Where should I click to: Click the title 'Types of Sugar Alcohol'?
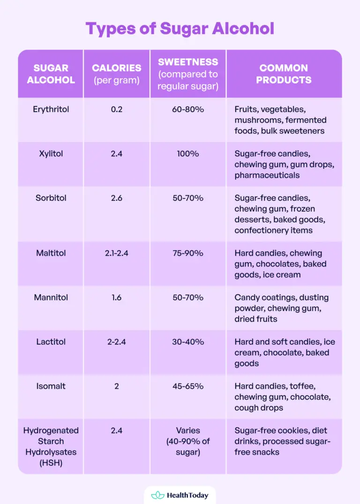pyautogui.click(x=180, y=29)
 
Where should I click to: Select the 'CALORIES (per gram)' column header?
pyautogui.click(x=116, y=74)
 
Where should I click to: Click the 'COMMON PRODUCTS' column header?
pyautogui.click(x=284, y=74)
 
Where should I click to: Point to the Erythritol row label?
pyautogui.click(x=51, y=109)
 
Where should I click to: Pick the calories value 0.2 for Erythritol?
pyautogui.click(x=116, y=109)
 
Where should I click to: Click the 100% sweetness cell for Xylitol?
pyautogui.click(x=188, y=154)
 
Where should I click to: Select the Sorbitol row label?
pyautogui.click(x=51, y=198)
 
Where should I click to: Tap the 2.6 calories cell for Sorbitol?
pyautogui.click(x=116, y=198)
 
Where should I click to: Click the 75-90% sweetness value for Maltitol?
pyautogui.click(x=188, y=253)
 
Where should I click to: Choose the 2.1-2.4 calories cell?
pyautogui.click(x=116, y=253)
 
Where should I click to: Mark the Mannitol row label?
pyautogui.click(x=51, y=297)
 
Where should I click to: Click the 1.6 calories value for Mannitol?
pyautogui.click(x=116, y=297)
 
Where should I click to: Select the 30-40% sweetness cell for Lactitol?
pyautogui.click(x=188, y=342)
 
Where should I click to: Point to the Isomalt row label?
pyautogui.click(x=51, y=386)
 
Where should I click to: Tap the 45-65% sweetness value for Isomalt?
pyautogui.click(x=188, y=386)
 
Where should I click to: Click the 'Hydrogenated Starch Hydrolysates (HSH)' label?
pyautogui.click(x=51, y=446)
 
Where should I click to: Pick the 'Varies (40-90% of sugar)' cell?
pyautogui.click(x=188, y=441)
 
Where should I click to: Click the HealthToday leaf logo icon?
pyautogui.click(x=158, y=495)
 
